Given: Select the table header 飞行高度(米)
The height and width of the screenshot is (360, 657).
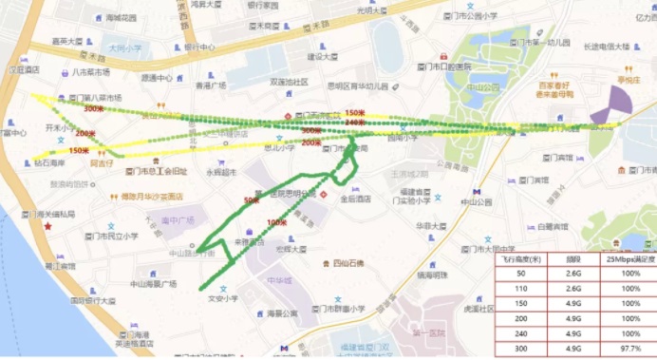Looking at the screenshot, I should point(520,257).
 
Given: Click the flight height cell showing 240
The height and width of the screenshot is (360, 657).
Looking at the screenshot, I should point(520,335).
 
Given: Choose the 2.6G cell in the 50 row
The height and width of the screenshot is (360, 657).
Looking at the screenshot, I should point(574,272).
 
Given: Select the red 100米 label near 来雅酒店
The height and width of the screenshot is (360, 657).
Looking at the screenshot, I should point(276,222).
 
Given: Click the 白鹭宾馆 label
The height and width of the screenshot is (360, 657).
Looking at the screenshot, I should point(551,226).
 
